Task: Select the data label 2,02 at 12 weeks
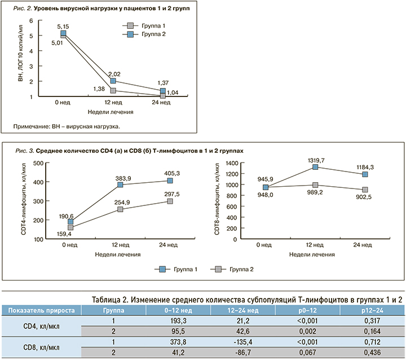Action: pyautogui.click(x=114, y=73)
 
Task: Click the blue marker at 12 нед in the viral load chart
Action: pyautogui.click(x=113, y=81)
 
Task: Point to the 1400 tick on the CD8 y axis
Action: pyautogui.click(x=233, y=163)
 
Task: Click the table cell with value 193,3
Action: pyautogui.click(x=178, y=320)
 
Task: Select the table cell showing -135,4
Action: pyautogui.click(x=243, y=341)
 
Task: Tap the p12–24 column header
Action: pyautogui.click(x=373, y=309)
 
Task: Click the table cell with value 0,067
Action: pyautogui.click(x=308, y=352)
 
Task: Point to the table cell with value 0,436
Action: pyautogui.click(x=373, y=352)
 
